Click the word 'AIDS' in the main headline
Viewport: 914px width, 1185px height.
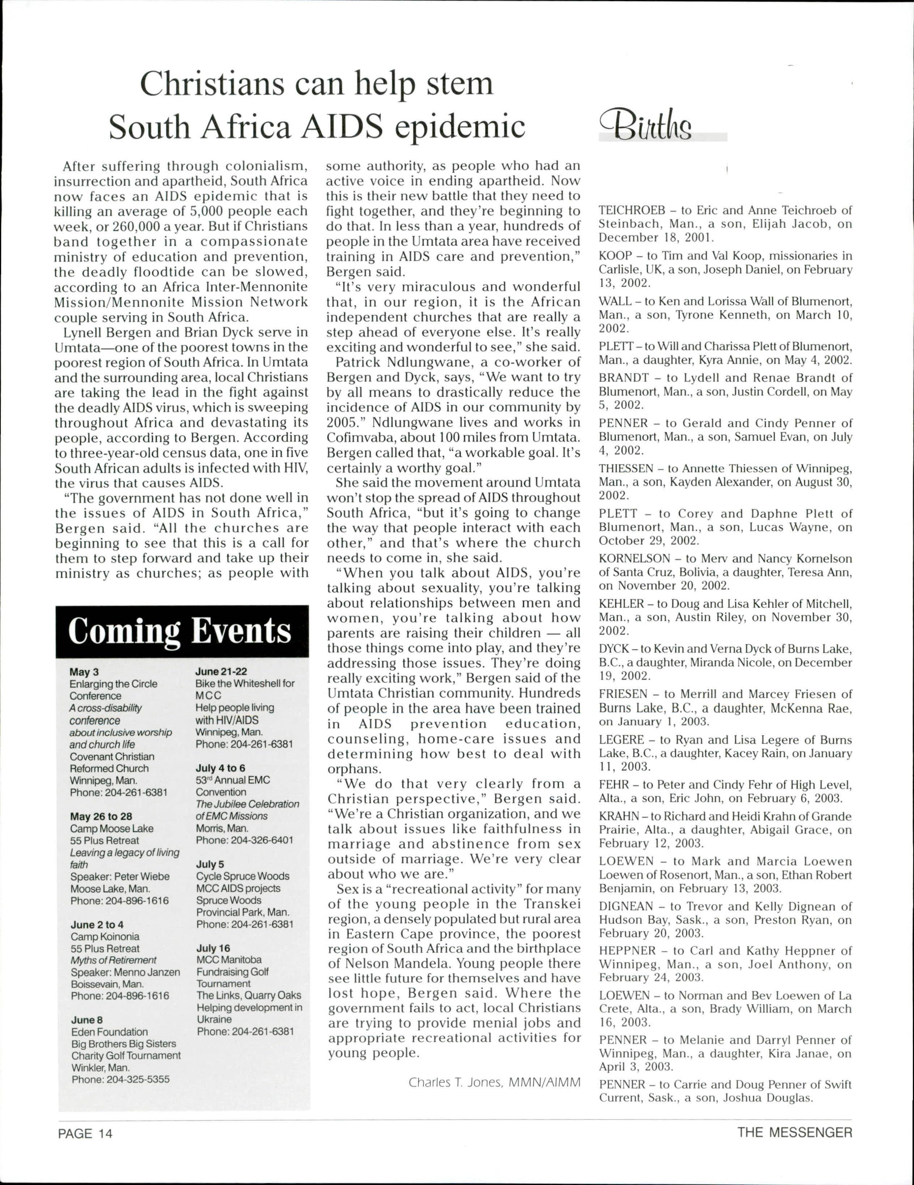point(342,126)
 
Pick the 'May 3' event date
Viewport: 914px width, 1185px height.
point(84,672)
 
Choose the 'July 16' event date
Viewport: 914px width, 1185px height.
point(213,948)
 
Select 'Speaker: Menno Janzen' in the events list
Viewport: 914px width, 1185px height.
point(125,972)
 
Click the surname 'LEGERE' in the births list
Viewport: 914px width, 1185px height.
point(621,740)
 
